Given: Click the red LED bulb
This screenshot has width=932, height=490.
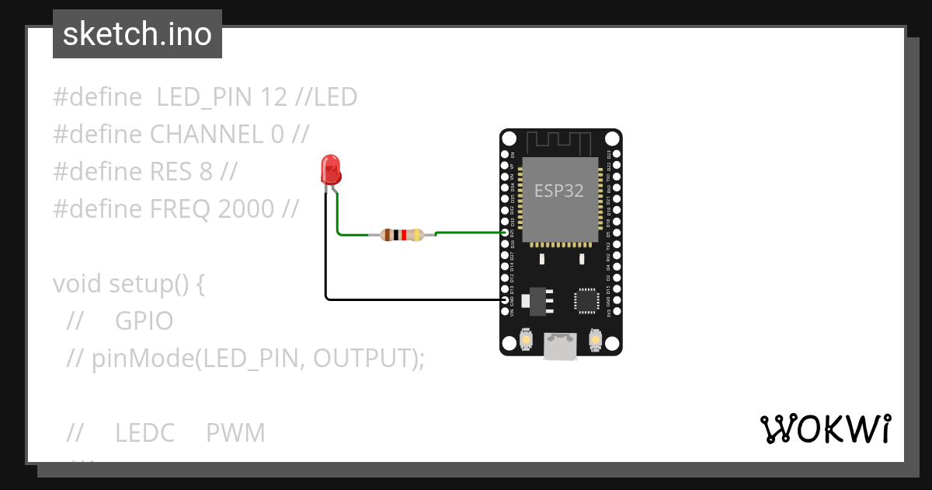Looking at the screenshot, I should (x=330, y=169).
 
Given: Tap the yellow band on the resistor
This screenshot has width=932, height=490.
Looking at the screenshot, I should (x=418, y=234).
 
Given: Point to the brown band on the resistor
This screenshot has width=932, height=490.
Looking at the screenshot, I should (x=388, y=234).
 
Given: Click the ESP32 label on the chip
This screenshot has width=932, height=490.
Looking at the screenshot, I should (x=558, y=191).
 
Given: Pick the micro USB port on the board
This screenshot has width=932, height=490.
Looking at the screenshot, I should (x=560, y=346).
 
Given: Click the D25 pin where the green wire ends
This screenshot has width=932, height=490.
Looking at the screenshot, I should (x=506, y=233).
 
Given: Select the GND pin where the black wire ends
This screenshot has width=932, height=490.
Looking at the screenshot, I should (x=506, y=300).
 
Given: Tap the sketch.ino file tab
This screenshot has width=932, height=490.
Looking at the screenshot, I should (x=137, y=34).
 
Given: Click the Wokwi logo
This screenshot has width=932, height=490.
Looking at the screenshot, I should (x=825, y=429).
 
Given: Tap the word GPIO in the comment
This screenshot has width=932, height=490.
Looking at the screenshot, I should (x=144, y=320).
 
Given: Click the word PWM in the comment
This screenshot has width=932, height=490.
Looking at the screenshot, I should (x=235, y=433).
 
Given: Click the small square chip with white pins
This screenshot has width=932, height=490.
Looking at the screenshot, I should (x=587, y=302).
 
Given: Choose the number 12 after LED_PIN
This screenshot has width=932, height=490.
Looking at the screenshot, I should (x=275, y=97).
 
